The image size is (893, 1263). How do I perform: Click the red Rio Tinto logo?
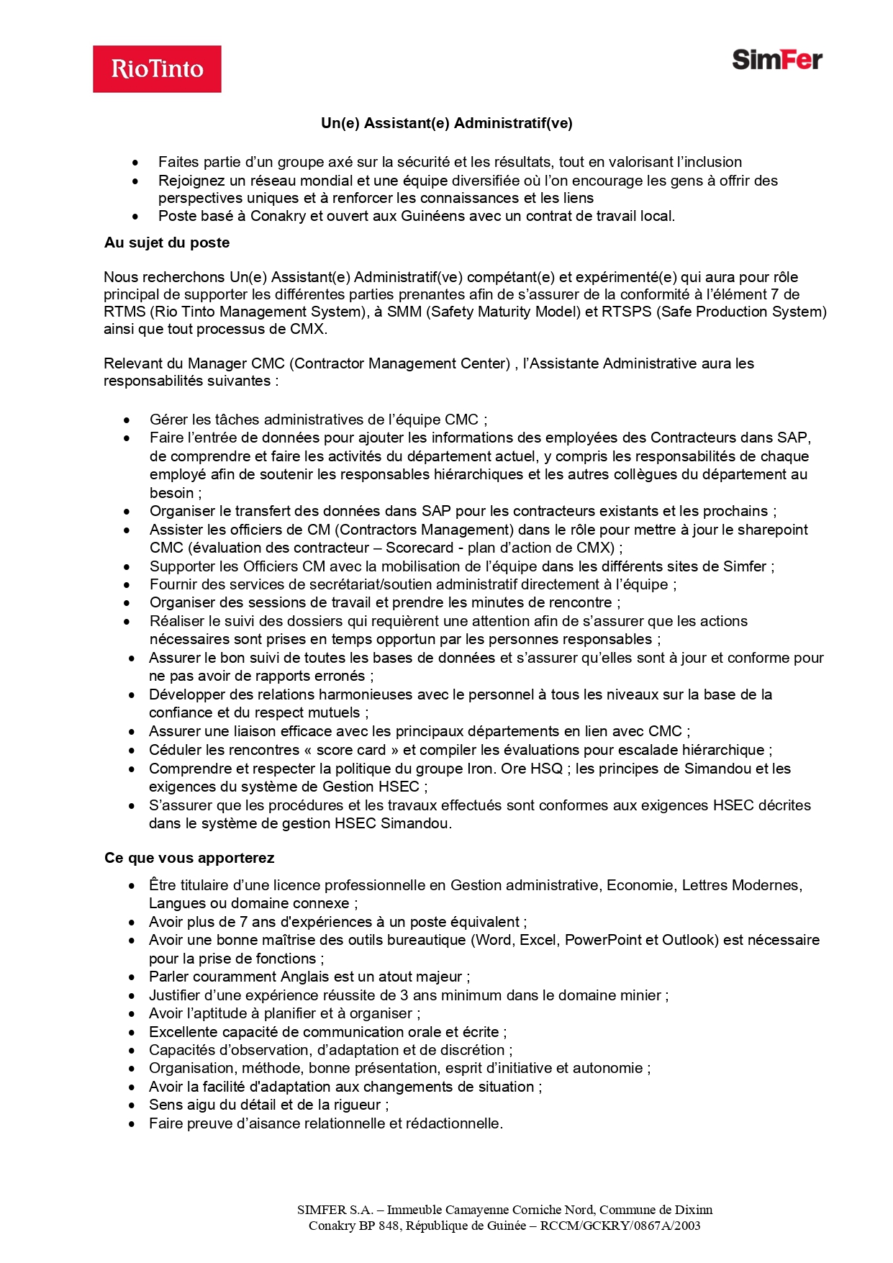[157, 69]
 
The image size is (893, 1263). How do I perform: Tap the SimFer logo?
[776, 60]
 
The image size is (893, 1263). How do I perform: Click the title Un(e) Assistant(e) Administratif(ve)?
[446, 123]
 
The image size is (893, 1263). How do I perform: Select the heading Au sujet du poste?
[167, 243]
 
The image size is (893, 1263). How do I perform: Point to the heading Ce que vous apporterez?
[189, 858]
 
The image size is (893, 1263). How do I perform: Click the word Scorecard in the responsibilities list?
[420, 548]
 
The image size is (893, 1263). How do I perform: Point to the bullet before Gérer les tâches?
[127, 420]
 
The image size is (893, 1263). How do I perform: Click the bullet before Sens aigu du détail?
[132, 1105]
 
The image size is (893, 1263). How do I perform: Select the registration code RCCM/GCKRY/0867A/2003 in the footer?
[620, 1226]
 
